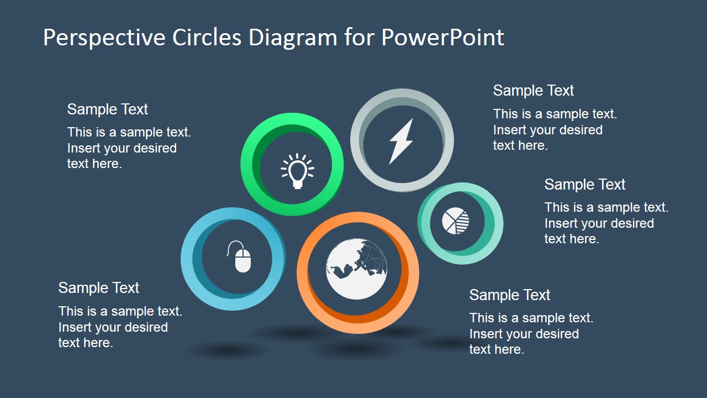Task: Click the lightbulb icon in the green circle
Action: pos(297,170)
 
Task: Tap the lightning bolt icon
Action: pos(401,142)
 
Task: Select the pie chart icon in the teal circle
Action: pos(456,221)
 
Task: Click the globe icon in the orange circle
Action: pos(356,269)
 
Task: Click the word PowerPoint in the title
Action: pos(442,38)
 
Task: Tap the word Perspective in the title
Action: pos(104,38)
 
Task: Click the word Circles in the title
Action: pos(207,38)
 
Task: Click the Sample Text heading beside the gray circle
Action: pos(533,91)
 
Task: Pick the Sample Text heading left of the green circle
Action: pos(107,109)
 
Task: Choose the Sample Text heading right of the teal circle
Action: pos(584,185)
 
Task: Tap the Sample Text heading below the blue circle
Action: pos(98,288)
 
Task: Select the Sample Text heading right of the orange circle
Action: pos(509,295)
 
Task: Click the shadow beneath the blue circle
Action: pos(228,350)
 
